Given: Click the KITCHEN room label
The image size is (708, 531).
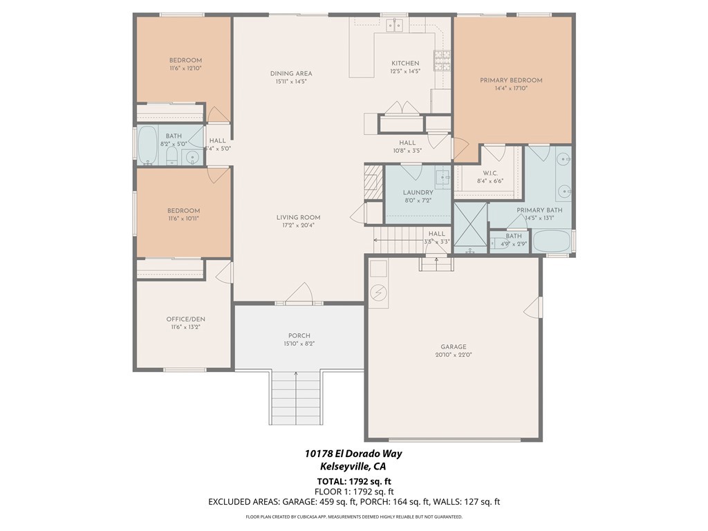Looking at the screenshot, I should tap(405, 63).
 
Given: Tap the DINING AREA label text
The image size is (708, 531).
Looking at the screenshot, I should tap(290, 73).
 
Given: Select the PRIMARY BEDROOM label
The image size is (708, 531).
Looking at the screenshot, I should tap(511, 80).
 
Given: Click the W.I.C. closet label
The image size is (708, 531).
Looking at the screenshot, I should tap(490, 173).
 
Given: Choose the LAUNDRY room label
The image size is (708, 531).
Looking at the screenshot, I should tap(418, 192).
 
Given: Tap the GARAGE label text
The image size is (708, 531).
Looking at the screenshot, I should tap(453, 347).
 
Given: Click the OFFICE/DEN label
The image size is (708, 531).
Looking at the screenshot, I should tap(185, 319).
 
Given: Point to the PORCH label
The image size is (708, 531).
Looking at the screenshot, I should tap(299, 335).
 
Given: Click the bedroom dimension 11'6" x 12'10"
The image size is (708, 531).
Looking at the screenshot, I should tap(185, 68).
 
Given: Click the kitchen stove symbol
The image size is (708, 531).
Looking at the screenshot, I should tap(440, 61).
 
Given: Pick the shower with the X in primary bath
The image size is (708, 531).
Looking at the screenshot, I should tap(470, 225).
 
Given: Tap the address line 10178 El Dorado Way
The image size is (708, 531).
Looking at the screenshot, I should tap(353, 454).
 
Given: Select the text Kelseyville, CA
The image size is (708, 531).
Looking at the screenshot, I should tap(353, 467).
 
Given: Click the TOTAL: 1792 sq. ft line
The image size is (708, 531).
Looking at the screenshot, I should tap(353, 481).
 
